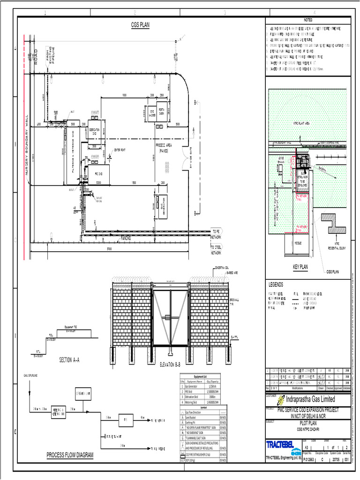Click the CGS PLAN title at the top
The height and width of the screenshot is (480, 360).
point(140,25)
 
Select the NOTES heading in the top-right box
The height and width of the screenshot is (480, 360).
point(307,20)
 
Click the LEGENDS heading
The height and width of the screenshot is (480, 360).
point(276,285)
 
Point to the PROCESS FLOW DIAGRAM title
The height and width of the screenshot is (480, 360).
point(70,455)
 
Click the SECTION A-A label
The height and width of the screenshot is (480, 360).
point(69,360)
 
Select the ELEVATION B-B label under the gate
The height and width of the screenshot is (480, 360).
point(173,364)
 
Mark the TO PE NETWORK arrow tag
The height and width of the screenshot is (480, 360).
point(216,234)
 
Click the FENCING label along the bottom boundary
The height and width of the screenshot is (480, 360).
point(126,238)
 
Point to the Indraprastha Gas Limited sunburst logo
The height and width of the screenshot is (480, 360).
point(281,400)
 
